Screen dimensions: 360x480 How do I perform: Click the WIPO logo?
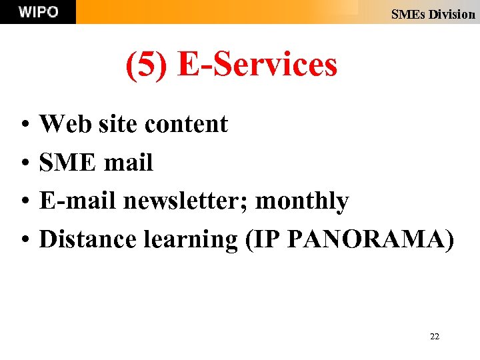38,12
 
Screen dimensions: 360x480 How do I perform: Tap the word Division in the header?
451,14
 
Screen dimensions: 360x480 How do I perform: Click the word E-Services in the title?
257,65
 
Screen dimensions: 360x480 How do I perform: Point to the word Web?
63,124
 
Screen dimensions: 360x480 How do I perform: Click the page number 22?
435,337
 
